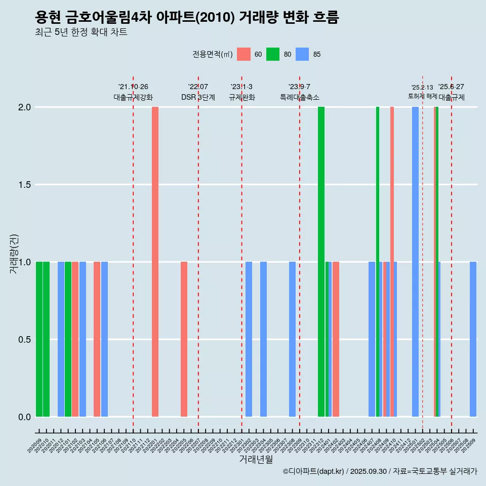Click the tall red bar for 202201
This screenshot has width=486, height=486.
point(155,262)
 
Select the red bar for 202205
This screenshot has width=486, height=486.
point(184,339)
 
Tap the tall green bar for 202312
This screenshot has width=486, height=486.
point(321,262)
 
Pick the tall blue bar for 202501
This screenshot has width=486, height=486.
point(415,262)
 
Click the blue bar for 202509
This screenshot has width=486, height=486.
point(473,339)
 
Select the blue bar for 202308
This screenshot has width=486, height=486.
point(292,339)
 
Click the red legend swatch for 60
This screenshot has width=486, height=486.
point(244,54)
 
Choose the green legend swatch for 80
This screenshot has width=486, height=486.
point(273,54)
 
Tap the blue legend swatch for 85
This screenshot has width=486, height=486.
point(302,54)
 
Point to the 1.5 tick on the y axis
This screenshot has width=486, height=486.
point(25,185)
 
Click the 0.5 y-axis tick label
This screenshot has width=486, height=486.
point(25,340)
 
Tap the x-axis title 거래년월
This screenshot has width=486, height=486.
point(256,460)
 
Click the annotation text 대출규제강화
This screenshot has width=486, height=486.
point(133,97)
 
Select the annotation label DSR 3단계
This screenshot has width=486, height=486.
point(198,97)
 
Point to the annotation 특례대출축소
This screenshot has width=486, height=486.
point(300,97)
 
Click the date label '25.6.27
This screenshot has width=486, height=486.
point(451,87)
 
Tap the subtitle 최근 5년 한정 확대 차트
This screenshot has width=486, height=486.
point(81,32)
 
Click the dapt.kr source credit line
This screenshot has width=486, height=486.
point(380,471)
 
